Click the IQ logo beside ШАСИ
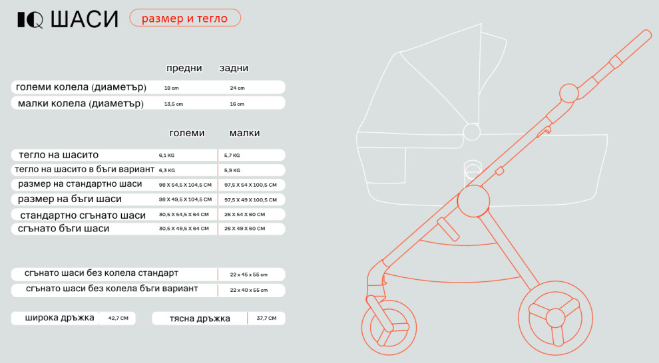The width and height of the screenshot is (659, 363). tap(30, 20)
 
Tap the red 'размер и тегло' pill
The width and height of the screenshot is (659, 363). tap(185, 18)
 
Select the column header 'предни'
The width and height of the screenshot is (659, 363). tap(184, 68)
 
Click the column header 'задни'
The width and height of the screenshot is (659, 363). tap(234, 68)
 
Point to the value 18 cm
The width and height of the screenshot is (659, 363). tap(172, 88)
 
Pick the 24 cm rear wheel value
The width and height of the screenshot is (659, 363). tap(237, 88)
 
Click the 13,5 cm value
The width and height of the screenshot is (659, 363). tap(174, 104)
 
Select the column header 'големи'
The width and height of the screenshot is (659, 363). tap(186, 133)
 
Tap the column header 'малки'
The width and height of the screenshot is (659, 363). tap(244, 133)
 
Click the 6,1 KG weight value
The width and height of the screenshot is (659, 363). tap(166, 156)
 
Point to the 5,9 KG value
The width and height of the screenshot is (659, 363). tap(232, 170)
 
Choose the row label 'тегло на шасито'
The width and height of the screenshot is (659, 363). tap(59, 155)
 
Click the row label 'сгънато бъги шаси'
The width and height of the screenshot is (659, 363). tap(63, 229)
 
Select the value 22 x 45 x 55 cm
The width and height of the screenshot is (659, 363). tap(248, 275)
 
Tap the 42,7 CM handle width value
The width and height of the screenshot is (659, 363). tap(118, 318)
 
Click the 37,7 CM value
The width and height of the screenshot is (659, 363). tap(266, 318)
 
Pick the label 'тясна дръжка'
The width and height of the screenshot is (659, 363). tap(200, 318)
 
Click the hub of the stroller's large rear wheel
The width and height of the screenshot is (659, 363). tap(555, 318)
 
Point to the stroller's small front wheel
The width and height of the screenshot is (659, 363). tap(389, 327)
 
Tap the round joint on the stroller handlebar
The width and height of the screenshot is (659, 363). tap(569, 93)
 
